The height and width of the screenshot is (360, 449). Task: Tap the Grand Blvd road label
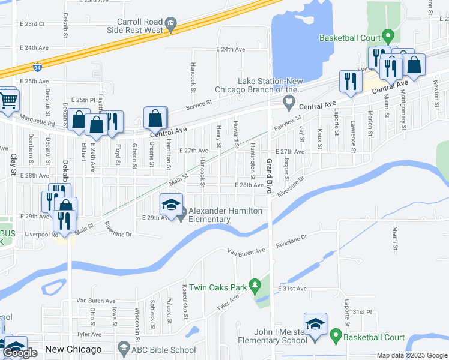[x=270, y=179]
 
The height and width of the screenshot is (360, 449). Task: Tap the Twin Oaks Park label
[x=218, y=288]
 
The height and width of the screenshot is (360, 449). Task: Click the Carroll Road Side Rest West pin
[x=172, y=25]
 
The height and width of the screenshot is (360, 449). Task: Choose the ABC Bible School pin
[x=124, y=347]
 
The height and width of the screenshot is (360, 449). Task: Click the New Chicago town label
[x=74, y=349]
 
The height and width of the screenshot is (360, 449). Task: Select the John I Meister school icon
[x=315, y=324]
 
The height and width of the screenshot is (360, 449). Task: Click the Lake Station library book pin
[x=289, y=101]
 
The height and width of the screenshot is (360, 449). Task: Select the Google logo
[x=20, y=353]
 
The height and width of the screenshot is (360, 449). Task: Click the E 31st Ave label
[x=292, y=289]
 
